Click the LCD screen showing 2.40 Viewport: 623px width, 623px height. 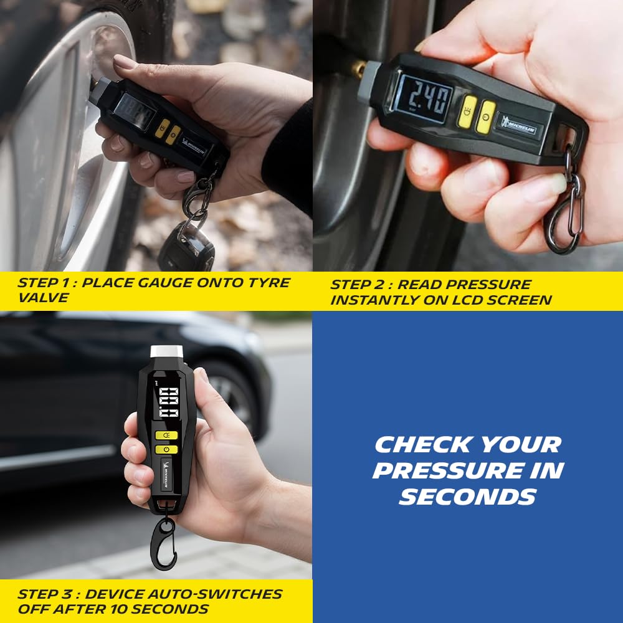(425, 98)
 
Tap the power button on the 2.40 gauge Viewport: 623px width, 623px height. (485, 117)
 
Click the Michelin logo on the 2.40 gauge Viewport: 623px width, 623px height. (518, 126)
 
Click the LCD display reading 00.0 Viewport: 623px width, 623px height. (168, 402)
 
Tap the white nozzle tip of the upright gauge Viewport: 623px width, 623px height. (166, 351)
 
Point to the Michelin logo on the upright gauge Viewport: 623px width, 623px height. (166, 475)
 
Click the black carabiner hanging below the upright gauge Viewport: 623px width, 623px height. (164, 543)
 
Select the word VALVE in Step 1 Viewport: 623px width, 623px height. (44, 298)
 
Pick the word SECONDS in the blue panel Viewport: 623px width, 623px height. (468, 497)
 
